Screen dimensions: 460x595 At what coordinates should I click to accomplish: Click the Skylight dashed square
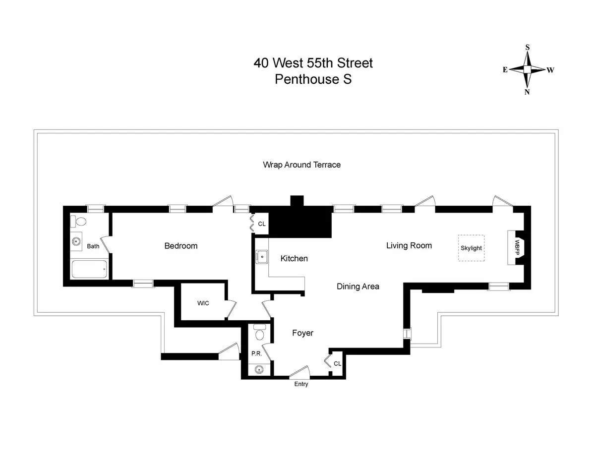[x=471, y=248]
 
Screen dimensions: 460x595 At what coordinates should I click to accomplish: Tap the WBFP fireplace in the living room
[x=516, y=248]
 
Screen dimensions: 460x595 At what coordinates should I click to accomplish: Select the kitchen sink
[x=261, y=257]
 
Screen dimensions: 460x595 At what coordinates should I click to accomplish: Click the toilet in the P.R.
[x=259, y=333]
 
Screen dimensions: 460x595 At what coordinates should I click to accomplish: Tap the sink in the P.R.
[x=259, y=369]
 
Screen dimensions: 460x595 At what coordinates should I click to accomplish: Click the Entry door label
[x=301, y=384]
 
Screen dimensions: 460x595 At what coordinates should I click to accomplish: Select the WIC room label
[x=203, y=303]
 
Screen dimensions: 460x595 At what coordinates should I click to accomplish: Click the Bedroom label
[x=181, y=246]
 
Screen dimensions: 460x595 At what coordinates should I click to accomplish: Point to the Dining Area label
[x=358, y=287]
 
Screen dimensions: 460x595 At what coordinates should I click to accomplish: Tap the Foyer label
[x=302, y=333]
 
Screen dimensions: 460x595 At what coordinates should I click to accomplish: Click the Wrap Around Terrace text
[x=301, y=165]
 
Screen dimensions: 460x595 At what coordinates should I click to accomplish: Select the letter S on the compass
[x=528, y=48]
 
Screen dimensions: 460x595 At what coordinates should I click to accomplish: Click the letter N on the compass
[x=528, y=92]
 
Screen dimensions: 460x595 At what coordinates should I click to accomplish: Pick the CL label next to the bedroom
[x=262, y=224]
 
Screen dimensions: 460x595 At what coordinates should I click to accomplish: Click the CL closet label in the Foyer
[x=337, y=363]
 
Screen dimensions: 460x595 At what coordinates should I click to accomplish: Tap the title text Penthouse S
[x=313, y=79]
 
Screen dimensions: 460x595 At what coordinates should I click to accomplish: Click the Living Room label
[x=409, y=245]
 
